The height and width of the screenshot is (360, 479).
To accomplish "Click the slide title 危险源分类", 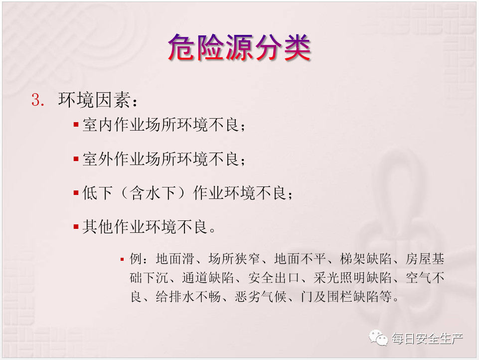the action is point(239,48).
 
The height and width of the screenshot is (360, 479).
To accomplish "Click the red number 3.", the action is point(38,100).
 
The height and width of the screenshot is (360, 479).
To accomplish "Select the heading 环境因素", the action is point(95,100).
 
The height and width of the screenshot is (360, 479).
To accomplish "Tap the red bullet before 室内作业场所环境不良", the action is point(76,125).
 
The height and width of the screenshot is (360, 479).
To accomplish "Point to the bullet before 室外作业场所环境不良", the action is point(76,159).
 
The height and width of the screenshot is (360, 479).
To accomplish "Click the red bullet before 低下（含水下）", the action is point(76,193).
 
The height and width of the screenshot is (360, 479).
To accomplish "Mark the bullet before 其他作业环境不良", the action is point(76,227).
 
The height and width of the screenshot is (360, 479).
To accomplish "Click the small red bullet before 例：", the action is point(122,260).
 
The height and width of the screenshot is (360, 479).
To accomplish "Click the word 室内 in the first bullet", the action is point(98,125).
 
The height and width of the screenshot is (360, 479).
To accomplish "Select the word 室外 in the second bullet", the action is point(98,159).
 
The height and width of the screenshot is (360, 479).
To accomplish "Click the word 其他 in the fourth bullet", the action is point(98,227).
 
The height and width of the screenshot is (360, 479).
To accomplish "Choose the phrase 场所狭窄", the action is point(234,259).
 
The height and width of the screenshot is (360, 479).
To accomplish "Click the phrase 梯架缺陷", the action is point(365,259).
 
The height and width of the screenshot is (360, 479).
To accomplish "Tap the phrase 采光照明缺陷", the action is point(352,278).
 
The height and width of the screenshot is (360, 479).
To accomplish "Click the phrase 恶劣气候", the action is point(260,297).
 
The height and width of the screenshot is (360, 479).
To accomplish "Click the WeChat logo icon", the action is point(378,338).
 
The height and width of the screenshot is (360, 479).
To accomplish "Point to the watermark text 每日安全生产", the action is point(427,339).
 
